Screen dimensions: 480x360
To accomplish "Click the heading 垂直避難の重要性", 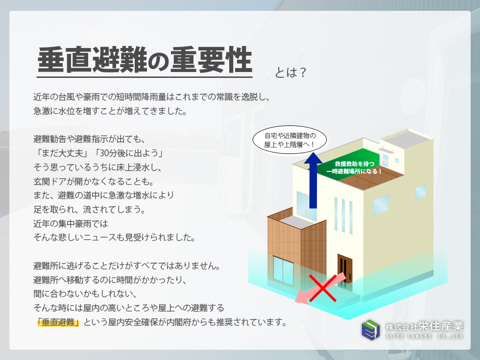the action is pos(144,60).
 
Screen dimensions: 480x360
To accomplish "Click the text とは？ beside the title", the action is pos(290,72).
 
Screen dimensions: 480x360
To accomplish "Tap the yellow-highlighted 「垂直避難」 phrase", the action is pos(58,322).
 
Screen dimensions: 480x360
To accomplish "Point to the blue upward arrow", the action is pos(313,180).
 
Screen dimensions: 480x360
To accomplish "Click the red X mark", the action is pos(323,288).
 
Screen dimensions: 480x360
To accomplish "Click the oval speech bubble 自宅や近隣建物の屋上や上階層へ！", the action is pos(289,140).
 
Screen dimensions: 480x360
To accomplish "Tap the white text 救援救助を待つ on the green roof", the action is pos(355,164).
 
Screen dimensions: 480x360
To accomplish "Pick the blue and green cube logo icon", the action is pos(371,330).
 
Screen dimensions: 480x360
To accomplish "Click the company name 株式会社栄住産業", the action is pos(424,327).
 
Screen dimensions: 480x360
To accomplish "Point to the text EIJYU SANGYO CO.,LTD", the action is pos(424,336).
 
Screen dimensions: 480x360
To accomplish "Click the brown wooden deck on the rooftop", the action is pos(372,177).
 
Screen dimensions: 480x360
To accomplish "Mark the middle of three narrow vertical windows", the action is pos(343,216).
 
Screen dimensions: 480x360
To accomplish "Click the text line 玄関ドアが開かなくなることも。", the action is pos(94,181).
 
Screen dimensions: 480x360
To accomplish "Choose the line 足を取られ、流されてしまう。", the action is pos(89,210).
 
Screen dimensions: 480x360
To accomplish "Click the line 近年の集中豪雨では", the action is pos(71,223).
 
